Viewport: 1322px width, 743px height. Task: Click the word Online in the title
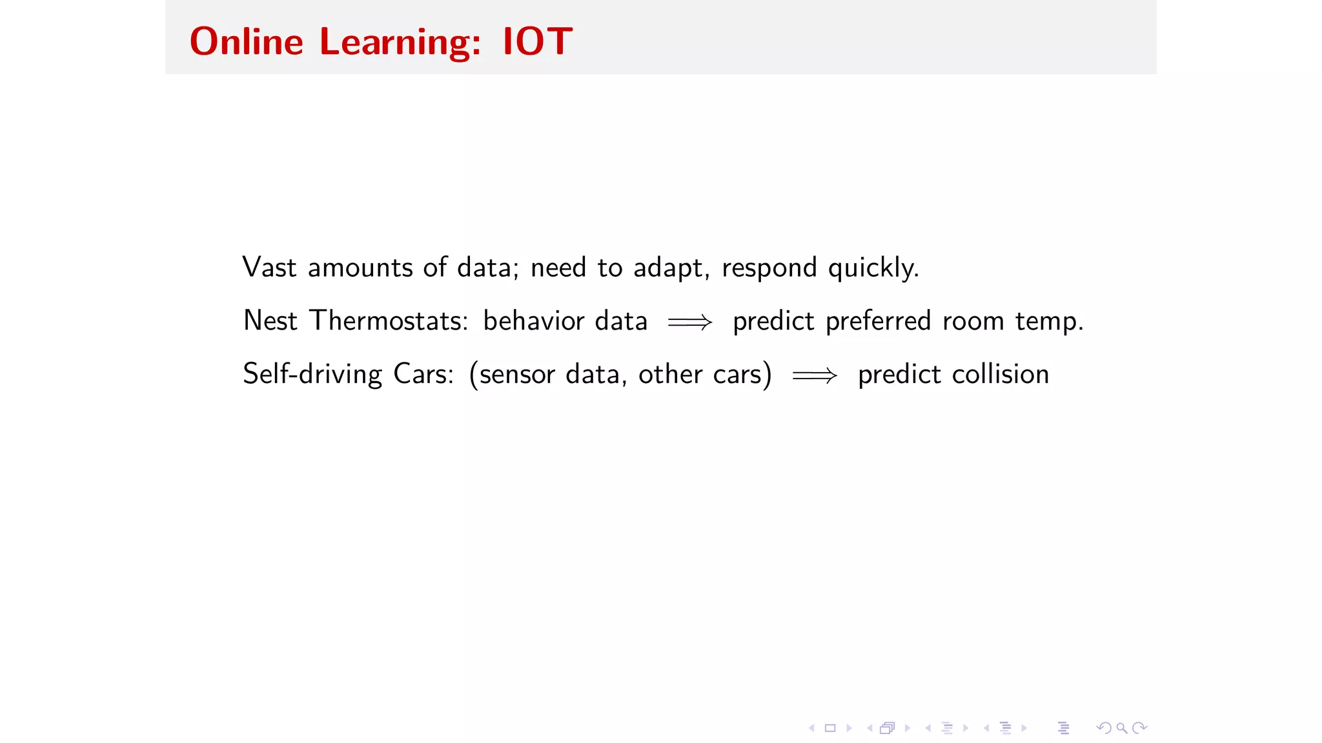pyautogui.click(x=246, y=42)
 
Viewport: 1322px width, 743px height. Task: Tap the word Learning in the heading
pyautogui.click(x=400, y=43)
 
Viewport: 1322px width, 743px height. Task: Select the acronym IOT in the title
pyautogui.click(x=537, y=42)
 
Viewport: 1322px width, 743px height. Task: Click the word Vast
pyautogui.click(x=269, y=268)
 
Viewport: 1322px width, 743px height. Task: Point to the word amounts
pyautogui.click(x=360, y=268)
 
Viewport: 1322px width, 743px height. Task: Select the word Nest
pyautogui.click(x=270, y=321)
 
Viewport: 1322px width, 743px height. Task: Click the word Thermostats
pyautogui.click(x=389, y=321)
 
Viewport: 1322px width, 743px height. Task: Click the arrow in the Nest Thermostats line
pyautogui.click(x=690, y=322)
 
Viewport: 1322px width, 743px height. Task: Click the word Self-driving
pyautogui.click(x=312, y=374)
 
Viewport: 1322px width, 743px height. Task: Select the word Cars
pyautogui.click(x=423, y=374)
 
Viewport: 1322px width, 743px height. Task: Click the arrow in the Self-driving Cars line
pyautogui.click(x=815, y=375)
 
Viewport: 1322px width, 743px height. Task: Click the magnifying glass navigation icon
pyautogui.click(x=1122, y=728)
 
